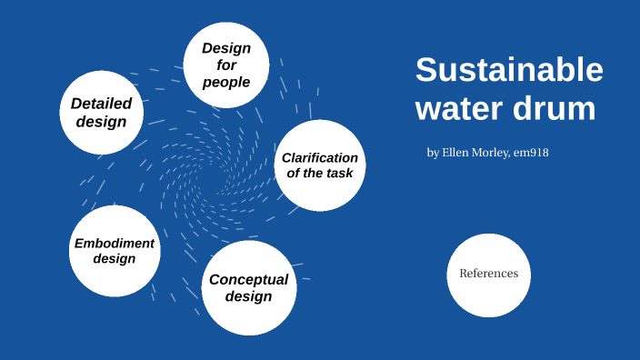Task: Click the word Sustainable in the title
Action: pos(509,71)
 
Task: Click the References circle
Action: pos(488,274)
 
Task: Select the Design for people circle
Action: pos(226,65)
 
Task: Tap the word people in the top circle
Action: pos(226,83)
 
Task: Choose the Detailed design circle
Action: pos(101,112)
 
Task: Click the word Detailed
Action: pos(101,104)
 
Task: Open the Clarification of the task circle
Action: pos(320,165)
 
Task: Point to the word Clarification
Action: pos(320,158)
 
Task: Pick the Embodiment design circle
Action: pos(115,251)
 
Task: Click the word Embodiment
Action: pos(115,243)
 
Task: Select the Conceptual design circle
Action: pos(248,287)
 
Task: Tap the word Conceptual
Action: pos(248,279)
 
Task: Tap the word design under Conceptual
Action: pos(248,296)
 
